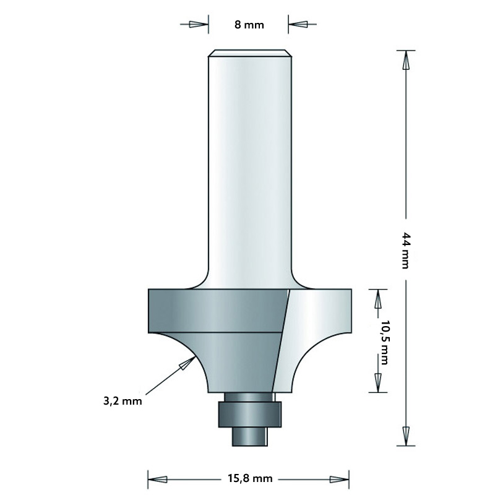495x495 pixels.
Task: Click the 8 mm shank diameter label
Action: coord(249,25)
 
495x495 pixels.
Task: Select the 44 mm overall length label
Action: coord(406,249)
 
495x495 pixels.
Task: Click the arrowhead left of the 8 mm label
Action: coord(197,25)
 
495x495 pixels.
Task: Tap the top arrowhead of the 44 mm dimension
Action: coord(406,61)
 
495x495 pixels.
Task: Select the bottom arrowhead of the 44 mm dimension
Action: coord(406,434)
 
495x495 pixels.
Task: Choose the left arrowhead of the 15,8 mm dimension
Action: coord(158,478)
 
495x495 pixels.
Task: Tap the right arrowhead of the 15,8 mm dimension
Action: coord(340,478)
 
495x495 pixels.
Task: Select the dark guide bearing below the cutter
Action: coord(249,413)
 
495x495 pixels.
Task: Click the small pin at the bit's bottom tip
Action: coord(249,436)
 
